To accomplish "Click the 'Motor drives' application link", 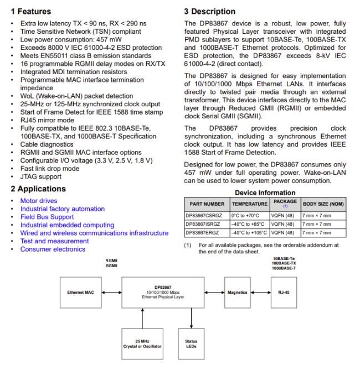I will click(x=39, y=200).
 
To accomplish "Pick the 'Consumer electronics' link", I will click(x=53, y=249).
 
